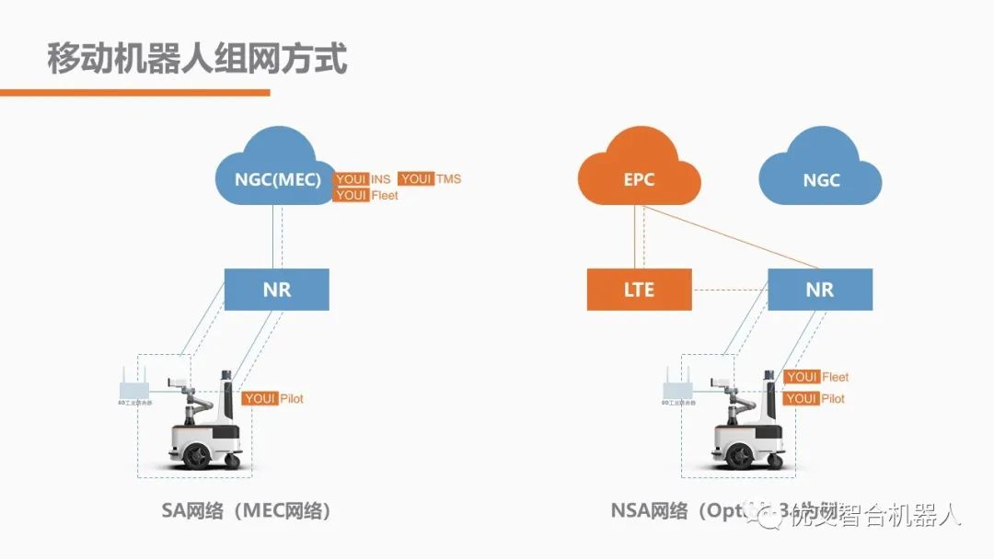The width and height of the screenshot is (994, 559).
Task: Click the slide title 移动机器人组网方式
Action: [197, 59]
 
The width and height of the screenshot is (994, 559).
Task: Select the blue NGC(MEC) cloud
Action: [276, 175]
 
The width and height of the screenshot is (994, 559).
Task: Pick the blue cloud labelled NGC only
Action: [821, 177]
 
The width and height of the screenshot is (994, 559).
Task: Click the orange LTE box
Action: [639, 290]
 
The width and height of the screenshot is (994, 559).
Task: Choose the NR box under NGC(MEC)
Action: [276, 290]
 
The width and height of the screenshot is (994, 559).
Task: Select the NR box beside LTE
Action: [819, 290]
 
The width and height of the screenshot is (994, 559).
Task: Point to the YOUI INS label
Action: [363, 179]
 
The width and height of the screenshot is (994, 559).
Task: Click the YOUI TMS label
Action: [429, 179]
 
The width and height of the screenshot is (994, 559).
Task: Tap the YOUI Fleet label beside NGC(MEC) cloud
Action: [365, 196]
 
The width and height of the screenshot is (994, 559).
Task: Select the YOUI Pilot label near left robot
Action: [272, 399]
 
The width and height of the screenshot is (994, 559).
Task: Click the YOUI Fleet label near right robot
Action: [815, 377]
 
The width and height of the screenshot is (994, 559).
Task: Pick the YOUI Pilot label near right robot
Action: [814, 399]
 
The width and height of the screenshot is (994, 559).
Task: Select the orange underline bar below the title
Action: [134, 92]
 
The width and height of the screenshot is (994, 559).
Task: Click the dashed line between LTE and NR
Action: [729, 291]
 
